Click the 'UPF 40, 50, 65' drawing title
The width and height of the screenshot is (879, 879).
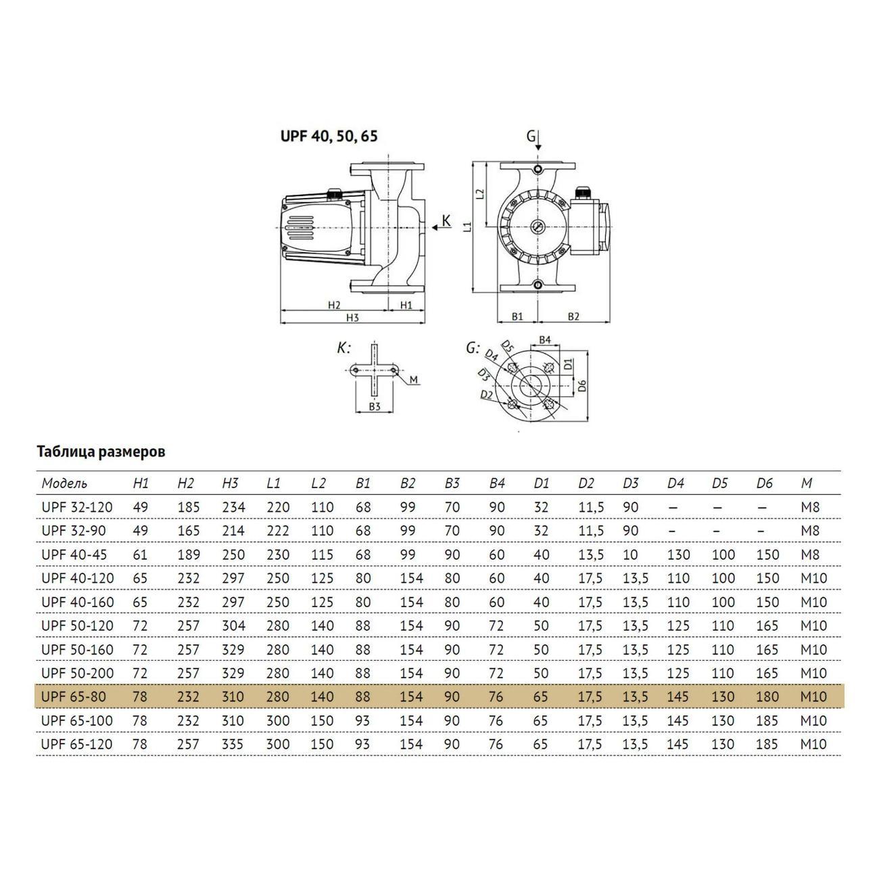(x=329, y=136)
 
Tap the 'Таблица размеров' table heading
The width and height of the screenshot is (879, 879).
(x=101, y=452)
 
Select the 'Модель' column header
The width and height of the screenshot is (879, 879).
(x=64, y=483)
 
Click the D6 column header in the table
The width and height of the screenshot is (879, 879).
(x=764, y=483)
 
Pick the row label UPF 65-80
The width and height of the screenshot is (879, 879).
(x=74, y=696)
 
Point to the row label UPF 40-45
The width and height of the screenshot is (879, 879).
(x=74, y=554)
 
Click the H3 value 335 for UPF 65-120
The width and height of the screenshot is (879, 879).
(x=233, y=744)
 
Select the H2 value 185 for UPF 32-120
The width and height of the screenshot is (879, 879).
(x=189, y=507)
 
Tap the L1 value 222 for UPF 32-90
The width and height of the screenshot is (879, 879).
(x=278, y=531)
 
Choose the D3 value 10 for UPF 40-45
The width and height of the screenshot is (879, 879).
(x=631, y=554)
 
